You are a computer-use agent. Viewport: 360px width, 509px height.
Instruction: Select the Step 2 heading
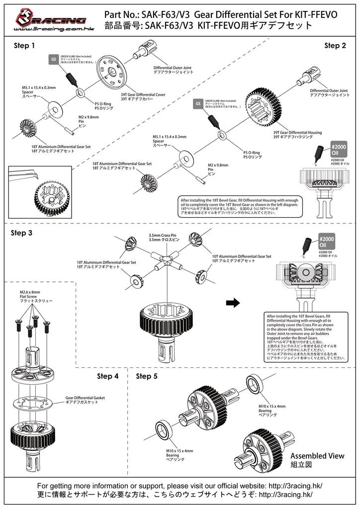(x=335, y=46)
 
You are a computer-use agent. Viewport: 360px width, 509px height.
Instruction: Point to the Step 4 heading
(x=107, y=376)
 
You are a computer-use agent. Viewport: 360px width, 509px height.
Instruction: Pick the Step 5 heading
(x=147, y=376)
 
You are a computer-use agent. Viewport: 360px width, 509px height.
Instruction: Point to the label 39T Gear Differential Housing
(x=297, y=135)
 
